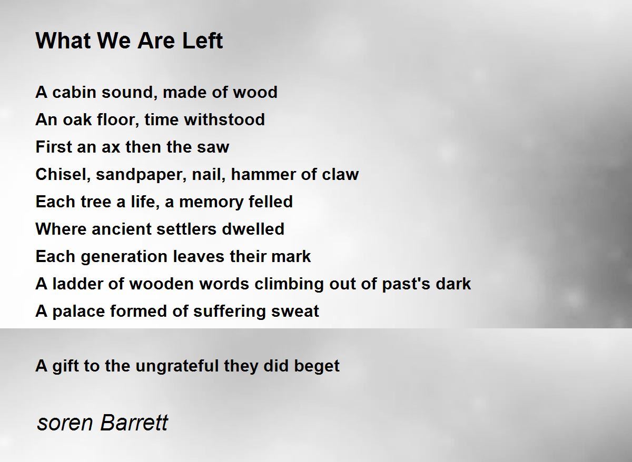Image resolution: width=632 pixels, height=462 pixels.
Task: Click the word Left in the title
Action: point(203,41)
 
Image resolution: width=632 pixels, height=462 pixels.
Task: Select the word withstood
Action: point(224,119)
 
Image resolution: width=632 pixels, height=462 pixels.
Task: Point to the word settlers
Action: point(186,228)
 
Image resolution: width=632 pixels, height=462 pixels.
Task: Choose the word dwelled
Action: point(253,228)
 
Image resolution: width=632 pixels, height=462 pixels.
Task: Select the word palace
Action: point(78,312)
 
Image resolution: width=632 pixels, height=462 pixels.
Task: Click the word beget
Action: point(317,366)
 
